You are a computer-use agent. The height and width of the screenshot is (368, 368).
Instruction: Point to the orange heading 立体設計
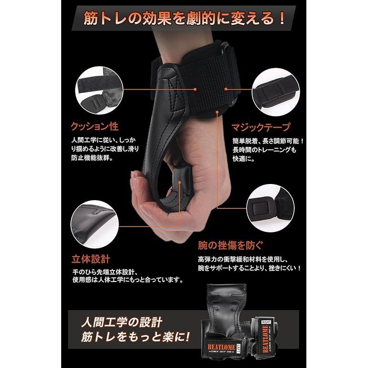pyautogui.click(x=91, y=259)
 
